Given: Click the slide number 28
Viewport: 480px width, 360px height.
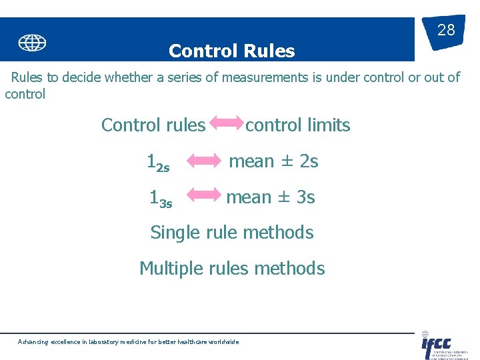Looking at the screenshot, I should pyautogui.click(x=445, y=30).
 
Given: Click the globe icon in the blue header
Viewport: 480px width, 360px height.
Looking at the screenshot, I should pyautogui.click(x=32, y=43).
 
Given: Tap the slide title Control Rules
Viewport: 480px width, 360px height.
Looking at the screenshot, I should pyautogui.click(x=231, y=51).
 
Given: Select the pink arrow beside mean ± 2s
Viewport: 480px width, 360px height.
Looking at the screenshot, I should pyautogui.click(x=203, y=161).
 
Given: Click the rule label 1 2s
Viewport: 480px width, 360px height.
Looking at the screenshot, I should pyautogui.click(x=158, y=163).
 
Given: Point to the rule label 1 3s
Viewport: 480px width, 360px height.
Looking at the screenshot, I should pyautogui.click(x=160, y=199).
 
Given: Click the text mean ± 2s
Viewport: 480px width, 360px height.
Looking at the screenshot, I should pyautogui.click(x=273, y=161).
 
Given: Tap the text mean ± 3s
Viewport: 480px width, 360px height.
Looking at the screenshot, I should pyautogui.click(x=271, y=197).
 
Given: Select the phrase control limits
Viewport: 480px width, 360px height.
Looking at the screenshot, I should pyautogui.click(x=298, y=125).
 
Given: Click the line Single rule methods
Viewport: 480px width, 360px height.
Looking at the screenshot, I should pyautogui.click(x=231, y=233).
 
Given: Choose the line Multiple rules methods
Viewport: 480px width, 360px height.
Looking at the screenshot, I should pyautogui.click(x=232, y=269).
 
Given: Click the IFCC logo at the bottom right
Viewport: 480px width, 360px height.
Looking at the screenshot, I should pyautogui.click(x=437, y=346).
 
